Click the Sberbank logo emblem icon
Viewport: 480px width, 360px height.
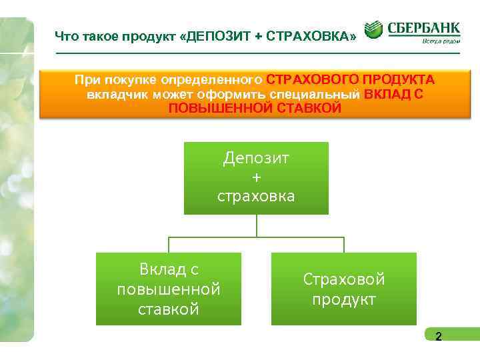coord(373,29)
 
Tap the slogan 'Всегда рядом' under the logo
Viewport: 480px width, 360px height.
coord(440,41)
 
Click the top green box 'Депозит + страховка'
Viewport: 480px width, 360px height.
coord(256,177)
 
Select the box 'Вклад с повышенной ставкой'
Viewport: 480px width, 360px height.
coord(169,289)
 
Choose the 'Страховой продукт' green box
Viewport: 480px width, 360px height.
coord(344,289)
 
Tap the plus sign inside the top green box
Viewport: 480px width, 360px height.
coord(257,177)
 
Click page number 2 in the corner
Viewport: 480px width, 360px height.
coord(438,337)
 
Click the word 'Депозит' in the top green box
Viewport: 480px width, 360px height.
coord(257,159)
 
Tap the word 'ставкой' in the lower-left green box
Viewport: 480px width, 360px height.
coord(169,309)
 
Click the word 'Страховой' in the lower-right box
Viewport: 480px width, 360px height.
coord(344,279)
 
